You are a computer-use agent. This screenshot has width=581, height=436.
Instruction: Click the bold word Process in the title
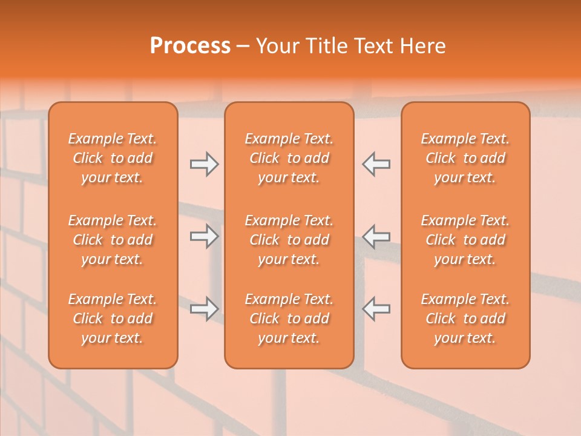tap(190, 46)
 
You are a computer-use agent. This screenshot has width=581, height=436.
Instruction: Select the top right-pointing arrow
tap(204, 164)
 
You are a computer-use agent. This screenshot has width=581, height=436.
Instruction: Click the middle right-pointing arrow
tap(204, 236)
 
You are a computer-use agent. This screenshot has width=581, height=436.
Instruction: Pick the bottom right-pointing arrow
tap(204, 309)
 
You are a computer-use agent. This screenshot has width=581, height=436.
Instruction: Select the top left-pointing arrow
tap(376, 164)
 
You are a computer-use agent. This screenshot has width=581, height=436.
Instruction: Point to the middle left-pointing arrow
tap(376, 236)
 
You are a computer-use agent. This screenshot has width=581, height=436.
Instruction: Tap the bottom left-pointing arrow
tap(376, 309)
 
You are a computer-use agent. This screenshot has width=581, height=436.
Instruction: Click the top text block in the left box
tap(113, 158)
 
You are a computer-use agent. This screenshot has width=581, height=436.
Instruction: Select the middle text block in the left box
tap(113, 240)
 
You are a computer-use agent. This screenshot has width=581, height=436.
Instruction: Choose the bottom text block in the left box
tap(113, 319)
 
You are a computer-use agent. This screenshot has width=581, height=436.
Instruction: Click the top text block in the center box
tap(289, 158)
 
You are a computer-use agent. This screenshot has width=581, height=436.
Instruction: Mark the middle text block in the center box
tap(289, 240)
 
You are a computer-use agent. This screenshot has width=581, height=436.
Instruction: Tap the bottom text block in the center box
tap(289, 319)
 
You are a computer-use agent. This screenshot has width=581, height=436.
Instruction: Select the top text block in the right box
tap(465, 158)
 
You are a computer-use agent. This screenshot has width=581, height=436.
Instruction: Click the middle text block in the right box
tap(465, 240)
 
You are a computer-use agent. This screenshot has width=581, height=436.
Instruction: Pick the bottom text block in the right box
tap(465, 319)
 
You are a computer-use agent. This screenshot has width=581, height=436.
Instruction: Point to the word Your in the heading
tap(278, 46)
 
